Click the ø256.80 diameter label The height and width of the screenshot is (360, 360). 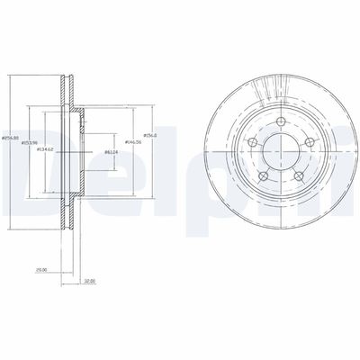tap(9, 137)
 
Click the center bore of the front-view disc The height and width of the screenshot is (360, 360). tap(278, 149)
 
